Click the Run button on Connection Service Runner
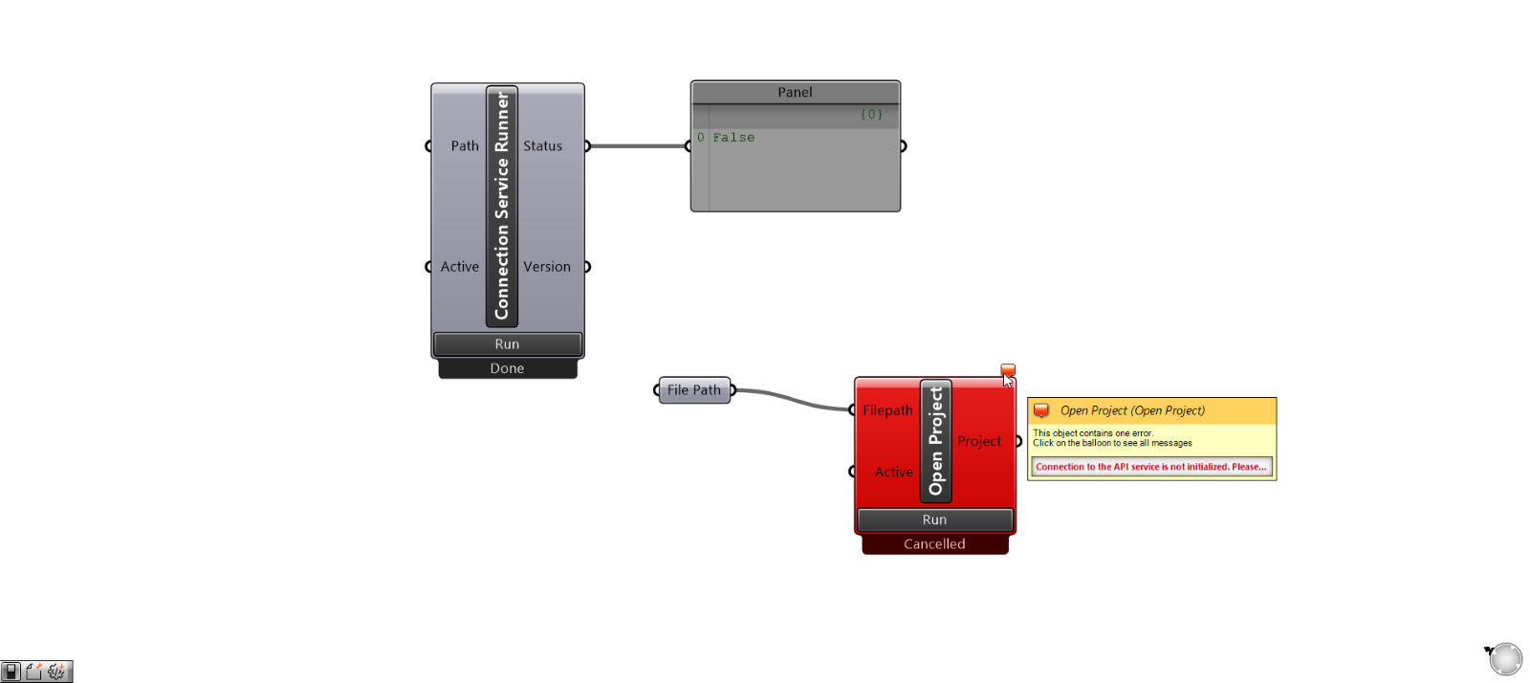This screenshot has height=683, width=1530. click(x=507, y=344)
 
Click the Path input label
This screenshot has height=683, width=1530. click(x=465, y=146)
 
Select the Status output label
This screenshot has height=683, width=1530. click(x=542, y=146)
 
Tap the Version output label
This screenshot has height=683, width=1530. click(x=546, y=267)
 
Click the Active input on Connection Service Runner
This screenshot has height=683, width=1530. click(x=459, y=267)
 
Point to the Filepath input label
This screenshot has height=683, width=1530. click(x=887, y=410)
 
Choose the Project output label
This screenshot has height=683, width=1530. click(x=978, y=441)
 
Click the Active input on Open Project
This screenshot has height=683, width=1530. click(x=893, y=472)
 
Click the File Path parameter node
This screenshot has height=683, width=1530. click(x=694, y=390)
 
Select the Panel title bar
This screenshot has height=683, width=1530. click(x=795, y=92)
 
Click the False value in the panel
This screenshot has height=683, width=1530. click(x=733, y=138)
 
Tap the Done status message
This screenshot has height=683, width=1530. click(x=507, y=368)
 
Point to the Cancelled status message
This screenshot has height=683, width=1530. click(x=934, y=544)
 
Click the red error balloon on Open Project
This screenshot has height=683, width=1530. click(x=1008, y=369)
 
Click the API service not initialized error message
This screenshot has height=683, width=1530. click(x=1150, y=467)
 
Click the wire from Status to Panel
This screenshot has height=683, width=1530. click(x=638, y=146)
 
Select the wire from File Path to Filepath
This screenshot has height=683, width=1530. click(x=794, y=400)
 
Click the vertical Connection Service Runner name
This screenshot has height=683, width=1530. click(x=502, y=206)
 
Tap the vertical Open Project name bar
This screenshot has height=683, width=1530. click(x=935, y=441)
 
